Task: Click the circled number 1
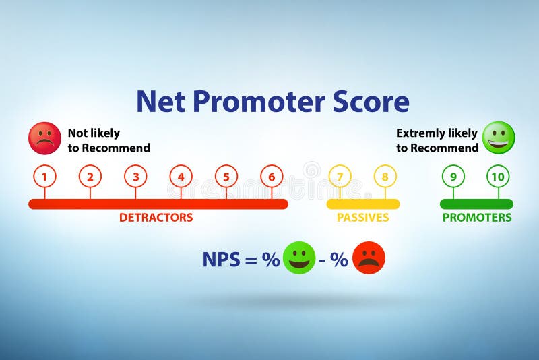[x=44, y=177]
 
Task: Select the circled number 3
[x=135, y=177]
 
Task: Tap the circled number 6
[x=272, y=177]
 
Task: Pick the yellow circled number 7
[x=340, y=177]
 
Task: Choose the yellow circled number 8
[x=385, y=177]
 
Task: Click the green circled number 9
[x=453, y=177]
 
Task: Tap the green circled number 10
[x=499, y=177]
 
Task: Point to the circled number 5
[x=226, y=177]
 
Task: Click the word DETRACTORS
[x=156, y=218]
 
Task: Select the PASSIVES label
[x=362, y=218]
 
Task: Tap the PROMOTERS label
[x=477, y=218]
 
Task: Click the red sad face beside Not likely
[x=44, y=138]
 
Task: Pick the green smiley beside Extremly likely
[x=499, y=138]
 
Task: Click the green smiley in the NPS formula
[x=299, y=258]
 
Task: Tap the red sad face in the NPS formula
[x=369, y=258]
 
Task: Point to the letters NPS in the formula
[x=221, y=260]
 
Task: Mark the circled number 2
[x=90, y=177]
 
